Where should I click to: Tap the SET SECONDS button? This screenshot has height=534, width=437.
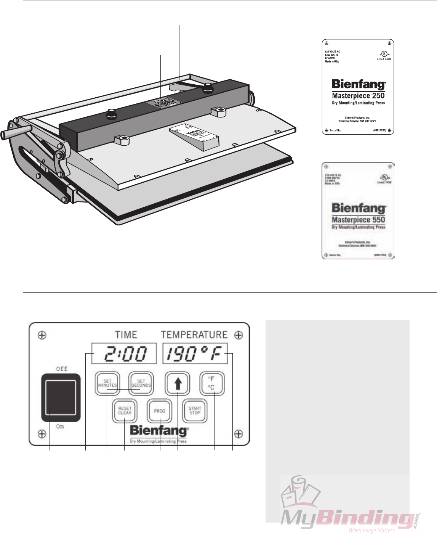(x=141, y=383)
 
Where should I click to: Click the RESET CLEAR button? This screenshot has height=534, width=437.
(x=125, y=411)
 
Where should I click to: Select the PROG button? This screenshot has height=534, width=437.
(x=160, y=411)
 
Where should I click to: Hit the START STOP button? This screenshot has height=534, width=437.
(x=195, y=411)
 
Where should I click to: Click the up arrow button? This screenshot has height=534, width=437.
(x=177, y=383)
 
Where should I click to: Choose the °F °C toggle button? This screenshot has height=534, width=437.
(x=212, y=383)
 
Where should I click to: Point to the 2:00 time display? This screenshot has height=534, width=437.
(x=124, y=354)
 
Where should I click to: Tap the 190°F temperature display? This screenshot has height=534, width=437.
(x=195, y=354)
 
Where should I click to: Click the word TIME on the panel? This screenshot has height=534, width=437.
(x=126, y=335)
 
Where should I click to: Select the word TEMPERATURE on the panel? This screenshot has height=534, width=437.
(x=194, y=335)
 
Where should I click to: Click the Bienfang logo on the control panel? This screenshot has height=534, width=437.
(x=159, y=431)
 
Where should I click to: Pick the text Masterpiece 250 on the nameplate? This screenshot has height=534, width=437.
(x=358, y=96)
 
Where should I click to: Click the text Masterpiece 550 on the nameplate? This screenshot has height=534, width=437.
(x=358, y=220)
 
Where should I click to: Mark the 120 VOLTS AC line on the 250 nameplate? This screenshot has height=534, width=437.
(x=332, y=51)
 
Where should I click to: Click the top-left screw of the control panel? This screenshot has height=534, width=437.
(x=42, y=335)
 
